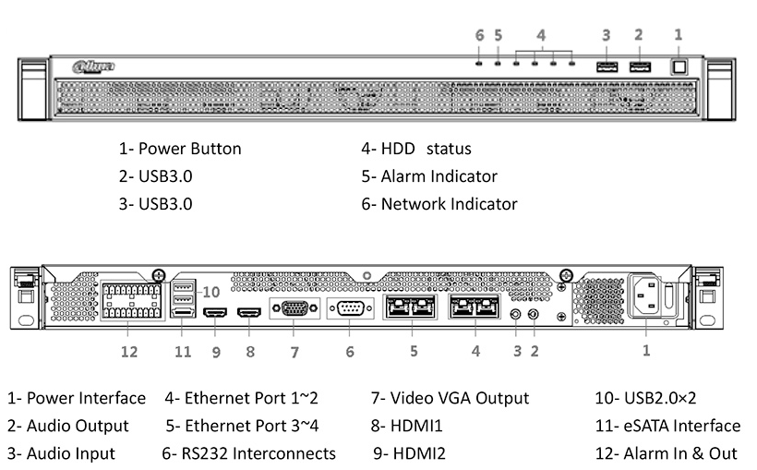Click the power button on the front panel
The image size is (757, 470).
coord(679,66)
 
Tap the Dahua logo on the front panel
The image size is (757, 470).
coord(93,66)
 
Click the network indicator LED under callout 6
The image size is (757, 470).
coord(479,64)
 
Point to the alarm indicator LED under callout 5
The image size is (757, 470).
coord(498,64)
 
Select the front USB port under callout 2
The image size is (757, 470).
coord(639,66)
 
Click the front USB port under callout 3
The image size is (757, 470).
coord(607,66)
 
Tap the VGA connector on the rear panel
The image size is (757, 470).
coord(294,308)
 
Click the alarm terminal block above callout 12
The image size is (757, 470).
coord(129,299)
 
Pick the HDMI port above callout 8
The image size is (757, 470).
coord(249,314)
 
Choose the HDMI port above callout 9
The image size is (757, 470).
coord(215,314)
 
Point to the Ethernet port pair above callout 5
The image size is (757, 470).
coord(411,307)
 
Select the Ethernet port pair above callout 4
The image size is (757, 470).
coord(475,307)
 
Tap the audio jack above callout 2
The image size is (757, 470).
coord(533,314)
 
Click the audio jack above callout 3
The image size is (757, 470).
coord(515,314)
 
